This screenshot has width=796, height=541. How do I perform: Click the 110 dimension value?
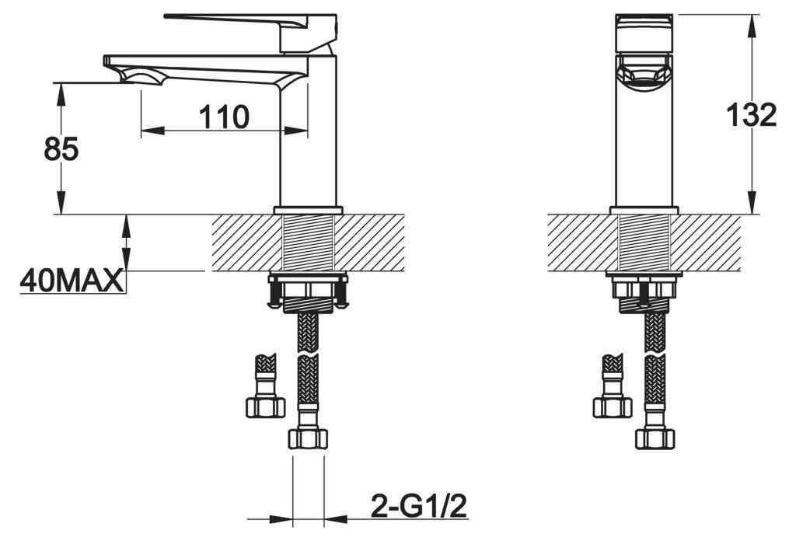[224, 117]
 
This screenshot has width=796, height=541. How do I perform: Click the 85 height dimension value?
[61, 149]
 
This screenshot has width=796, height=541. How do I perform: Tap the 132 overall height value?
[752, 115]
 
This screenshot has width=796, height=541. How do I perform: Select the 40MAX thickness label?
[72, 281]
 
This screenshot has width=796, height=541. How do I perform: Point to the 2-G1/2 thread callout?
[419, 506]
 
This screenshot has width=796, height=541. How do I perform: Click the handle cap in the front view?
[644, 33]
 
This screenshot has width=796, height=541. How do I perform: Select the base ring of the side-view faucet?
[308, 210]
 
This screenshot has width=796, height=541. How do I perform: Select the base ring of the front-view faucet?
[644, 210]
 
